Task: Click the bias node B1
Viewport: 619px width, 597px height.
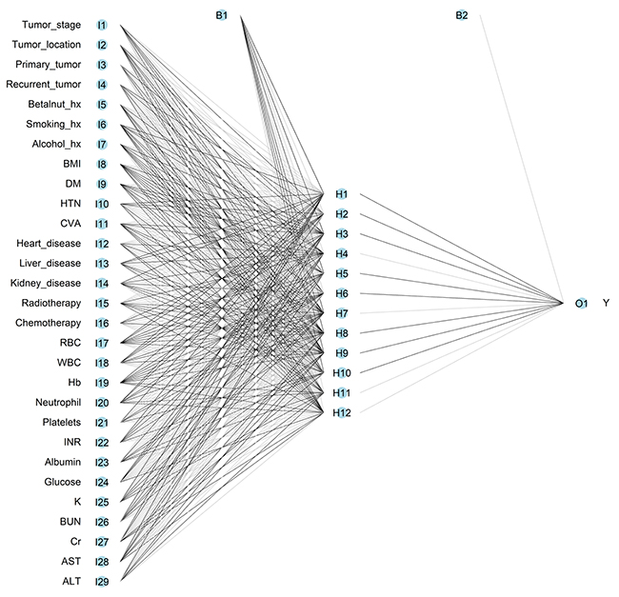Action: click(222, 14)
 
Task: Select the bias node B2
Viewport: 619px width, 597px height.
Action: click(461, 14)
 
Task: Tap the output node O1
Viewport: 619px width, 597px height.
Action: click(581, 304)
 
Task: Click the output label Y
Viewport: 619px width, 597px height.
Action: click(606, 304)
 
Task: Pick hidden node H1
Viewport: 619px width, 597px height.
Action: click(341, 194)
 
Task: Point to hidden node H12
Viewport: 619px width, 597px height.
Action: click(342, 412)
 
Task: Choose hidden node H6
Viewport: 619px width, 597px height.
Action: click(341, 293)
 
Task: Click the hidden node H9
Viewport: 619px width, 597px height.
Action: click(341, 352)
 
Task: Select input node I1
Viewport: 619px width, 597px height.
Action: click(101, 25)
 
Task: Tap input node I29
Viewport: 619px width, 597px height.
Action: click(101, 581)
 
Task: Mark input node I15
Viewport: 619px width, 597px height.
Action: click(101, 303)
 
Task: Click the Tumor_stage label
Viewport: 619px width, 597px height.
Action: click(47, 25)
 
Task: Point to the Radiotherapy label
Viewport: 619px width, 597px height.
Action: click(50, 303)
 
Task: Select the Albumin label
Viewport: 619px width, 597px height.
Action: click(60, 462)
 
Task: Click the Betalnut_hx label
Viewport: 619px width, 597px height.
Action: click(52, 104)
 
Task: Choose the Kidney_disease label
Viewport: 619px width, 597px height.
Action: click(46, 283)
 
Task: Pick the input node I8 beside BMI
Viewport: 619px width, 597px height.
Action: click(101, 164)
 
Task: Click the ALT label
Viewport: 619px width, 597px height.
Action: click(71, 581)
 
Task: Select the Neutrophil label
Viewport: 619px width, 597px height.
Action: click(56, 402)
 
